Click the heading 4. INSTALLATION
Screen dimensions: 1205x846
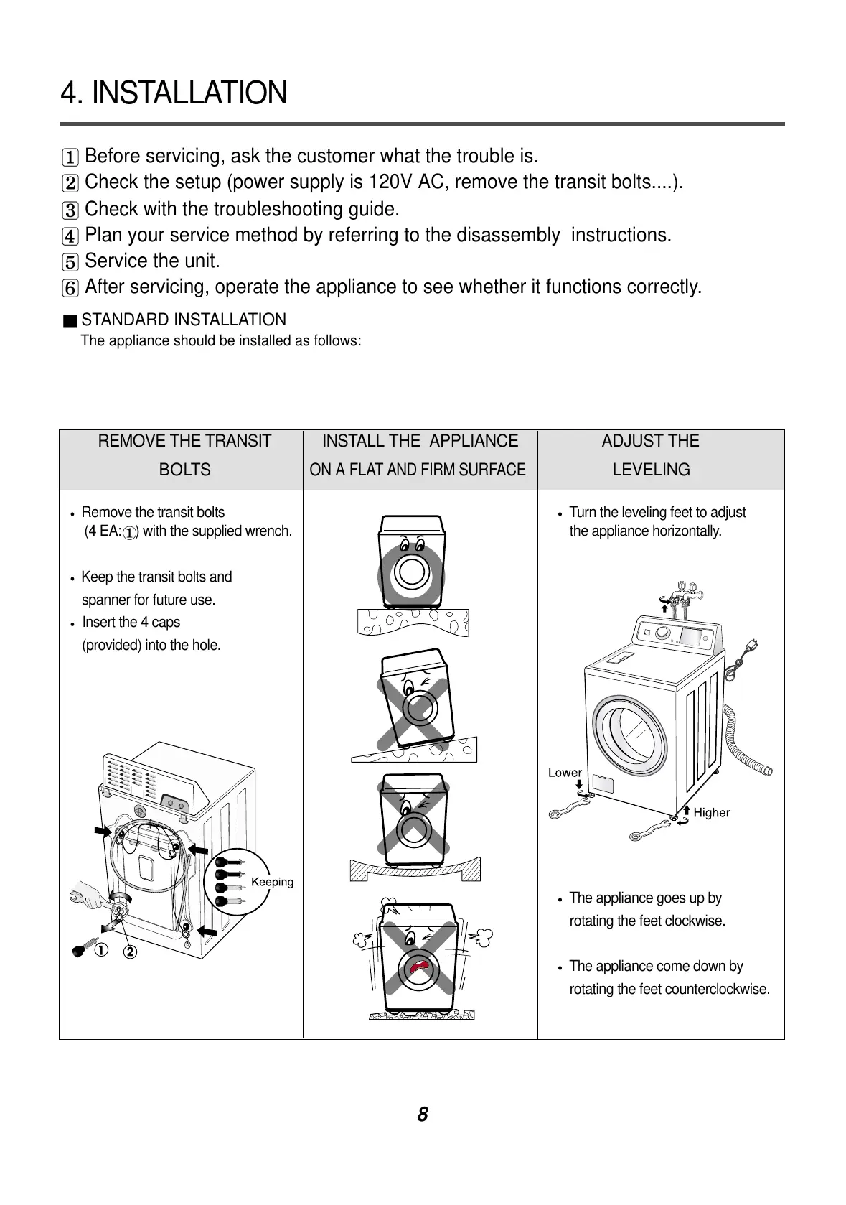coord(174,93)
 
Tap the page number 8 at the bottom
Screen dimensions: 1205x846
coord(423,1115)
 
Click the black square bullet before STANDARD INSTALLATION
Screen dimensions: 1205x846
coord(69,320)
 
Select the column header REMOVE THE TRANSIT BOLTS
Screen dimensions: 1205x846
coord(184,455)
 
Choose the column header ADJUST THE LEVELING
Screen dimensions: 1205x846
coord(651,455)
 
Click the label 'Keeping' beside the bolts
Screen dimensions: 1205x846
coord(272,882)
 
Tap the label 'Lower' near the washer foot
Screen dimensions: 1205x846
coord(565,773)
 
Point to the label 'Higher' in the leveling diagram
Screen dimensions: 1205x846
coord(711,813)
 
